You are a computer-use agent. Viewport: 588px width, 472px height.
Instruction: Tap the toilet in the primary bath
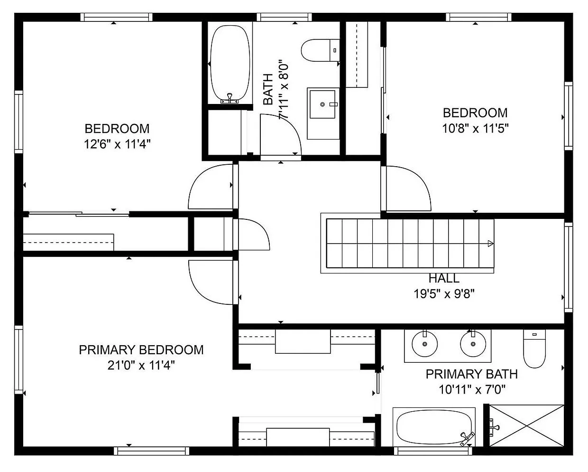[x=535, y=349]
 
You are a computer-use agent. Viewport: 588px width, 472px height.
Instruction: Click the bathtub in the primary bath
[x=434, y=427]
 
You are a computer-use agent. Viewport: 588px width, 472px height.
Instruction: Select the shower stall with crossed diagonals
[x=526, y=425]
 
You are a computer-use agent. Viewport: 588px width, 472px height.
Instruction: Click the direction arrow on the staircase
[x=490, y=244]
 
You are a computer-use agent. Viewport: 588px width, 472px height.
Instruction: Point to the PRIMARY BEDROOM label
[x=141, y=350]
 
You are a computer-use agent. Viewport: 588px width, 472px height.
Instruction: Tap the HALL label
[x=443, y=278]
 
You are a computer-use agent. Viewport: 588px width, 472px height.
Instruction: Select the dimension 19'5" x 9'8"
[x=444, y=294]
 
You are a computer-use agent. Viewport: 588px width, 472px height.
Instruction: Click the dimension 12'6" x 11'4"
[x=117, y=144]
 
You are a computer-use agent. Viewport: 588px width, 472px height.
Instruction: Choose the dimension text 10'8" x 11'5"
[x=475, y=128]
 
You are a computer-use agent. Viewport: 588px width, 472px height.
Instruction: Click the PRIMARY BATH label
[x=471, y=374]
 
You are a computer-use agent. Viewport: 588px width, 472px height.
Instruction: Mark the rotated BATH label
[x=268, y=89]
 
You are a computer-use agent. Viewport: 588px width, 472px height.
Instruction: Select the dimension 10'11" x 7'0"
[x=472, y=390]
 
